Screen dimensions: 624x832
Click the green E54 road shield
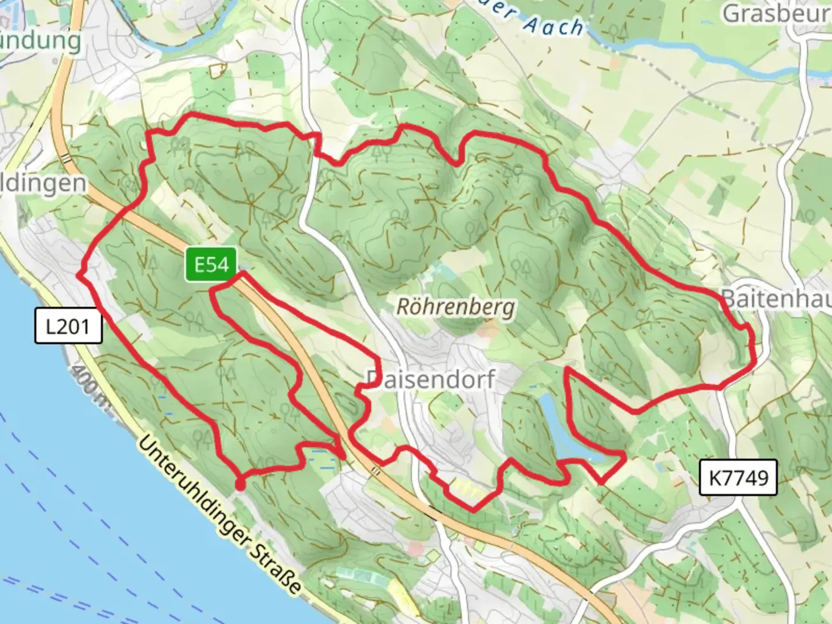point(211,265)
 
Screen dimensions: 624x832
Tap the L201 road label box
point(68,326)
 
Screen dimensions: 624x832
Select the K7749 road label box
point(738,478)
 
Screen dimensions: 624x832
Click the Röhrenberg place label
point(455,307)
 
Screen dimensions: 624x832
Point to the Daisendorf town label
point(431,380)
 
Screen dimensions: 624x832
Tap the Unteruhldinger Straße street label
point(220,516)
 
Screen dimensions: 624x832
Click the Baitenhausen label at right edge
point(777,299)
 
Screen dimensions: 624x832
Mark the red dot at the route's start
point(239,486)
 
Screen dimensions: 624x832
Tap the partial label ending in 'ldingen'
point(43,184)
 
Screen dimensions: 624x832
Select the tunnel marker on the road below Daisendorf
point(376,471)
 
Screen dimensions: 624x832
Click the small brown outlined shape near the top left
point(216,70)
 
